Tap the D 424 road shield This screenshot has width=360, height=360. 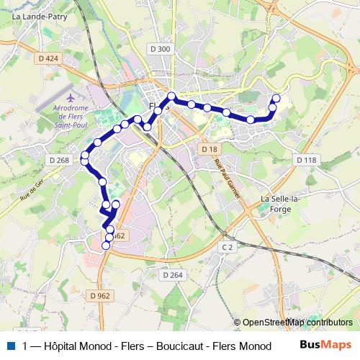point(48,58)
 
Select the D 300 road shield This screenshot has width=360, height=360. point(162,49)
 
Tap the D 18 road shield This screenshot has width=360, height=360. point(209,148)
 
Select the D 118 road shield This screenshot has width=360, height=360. point(305,160)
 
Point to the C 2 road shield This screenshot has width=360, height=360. point(228,247)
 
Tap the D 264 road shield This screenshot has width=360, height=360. point(173,275)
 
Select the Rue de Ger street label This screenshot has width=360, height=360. point(33,189)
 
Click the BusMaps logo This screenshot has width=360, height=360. point(326,346)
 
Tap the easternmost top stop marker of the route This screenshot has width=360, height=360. point(276,97)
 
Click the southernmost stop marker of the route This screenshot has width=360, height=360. point(106,246)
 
